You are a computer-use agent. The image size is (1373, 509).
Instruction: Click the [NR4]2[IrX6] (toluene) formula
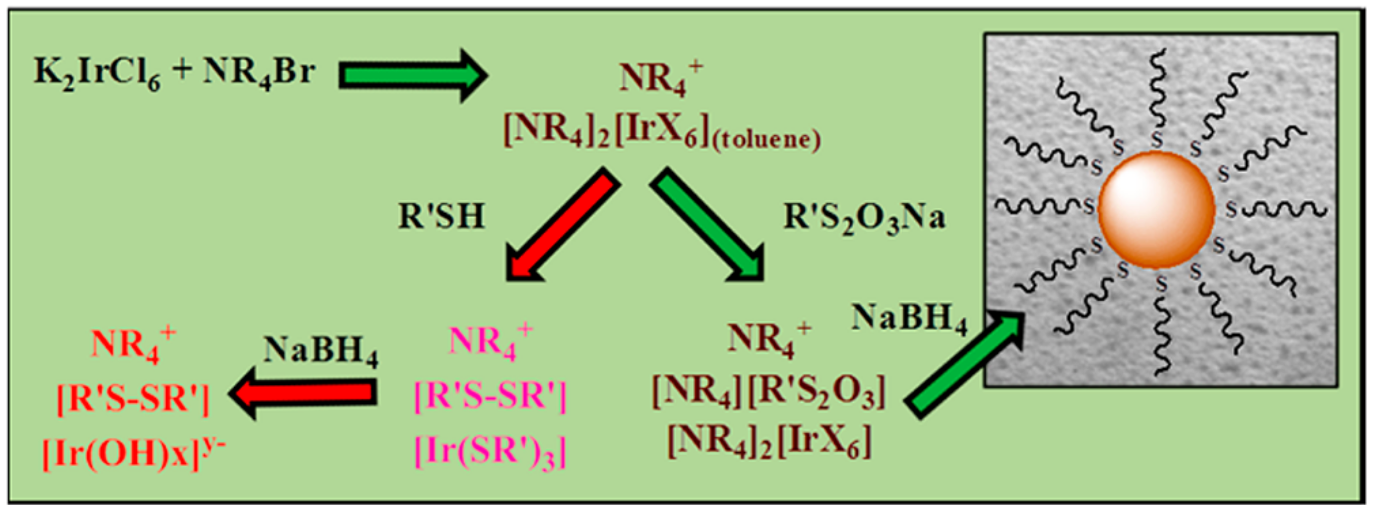pyautogui.click(x=661, y=131)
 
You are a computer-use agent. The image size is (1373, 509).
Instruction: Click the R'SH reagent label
pyautogui.click(x=441, y=217)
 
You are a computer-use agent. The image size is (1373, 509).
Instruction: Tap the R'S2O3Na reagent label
pyautogui.click(x=864, y=218)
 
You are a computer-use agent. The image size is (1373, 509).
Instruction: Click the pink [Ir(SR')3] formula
pyautogui.click(x=490, y=452)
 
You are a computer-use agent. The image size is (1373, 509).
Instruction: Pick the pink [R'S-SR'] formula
pyautogui.click(x=490, y=397)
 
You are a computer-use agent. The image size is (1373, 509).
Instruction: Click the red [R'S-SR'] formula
pyautogui.click(x=133, y=399)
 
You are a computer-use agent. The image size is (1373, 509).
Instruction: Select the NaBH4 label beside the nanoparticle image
pyautogui.click(x=909, y=319)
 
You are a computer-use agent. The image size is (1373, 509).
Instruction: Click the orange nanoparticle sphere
pyautogui.click(x=1156, y=209)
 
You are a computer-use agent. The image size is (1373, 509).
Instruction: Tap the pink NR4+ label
pyautogui.click(x=490, y=341)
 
